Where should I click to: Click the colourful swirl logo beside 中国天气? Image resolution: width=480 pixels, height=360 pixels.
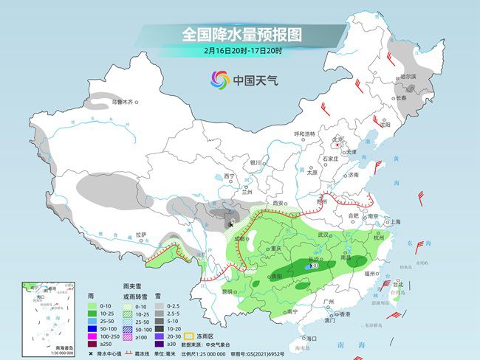[219, 78]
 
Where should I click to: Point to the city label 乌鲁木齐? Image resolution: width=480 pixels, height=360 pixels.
[122, 101]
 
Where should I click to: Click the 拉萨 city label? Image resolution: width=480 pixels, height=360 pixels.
[142, 235]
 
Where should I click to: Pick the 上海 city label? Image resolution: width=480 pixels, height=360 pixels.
[394, 221]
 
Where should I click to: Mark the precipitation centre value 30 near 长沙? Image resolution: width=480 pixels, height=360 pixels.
[315, 265]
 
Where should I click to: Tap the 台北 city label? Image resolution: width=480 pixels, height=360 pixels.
[398, 283]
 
